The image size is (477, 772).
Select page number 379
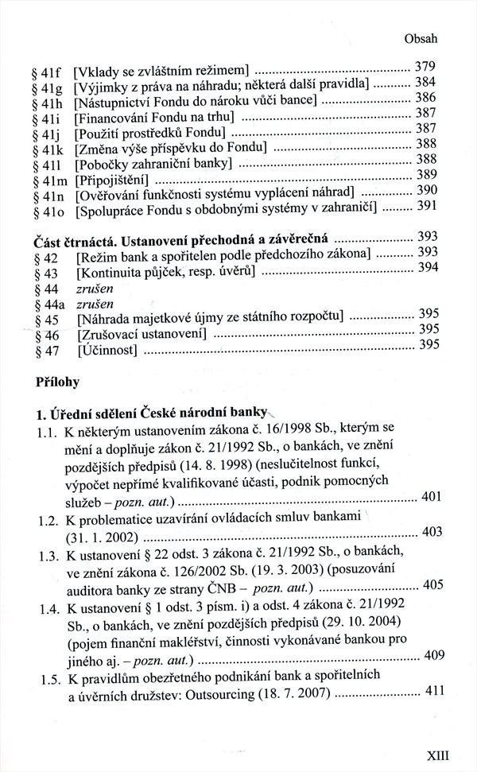tap(427, 67)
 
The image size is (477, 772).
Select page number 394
tap(429, 268)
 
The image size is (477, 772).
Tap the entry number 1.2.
tap(48, 517)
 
